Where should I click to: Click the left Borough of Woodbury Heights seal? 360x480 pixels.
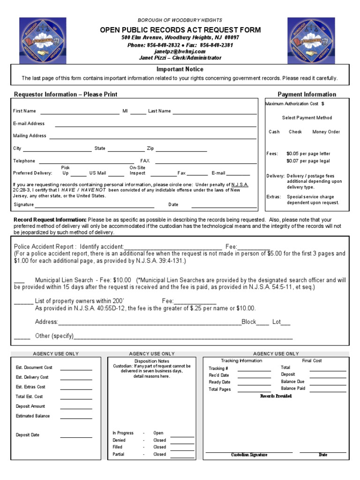coord(39,40)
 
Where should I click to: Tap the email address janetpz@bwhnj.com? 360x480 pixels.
coord(180,52)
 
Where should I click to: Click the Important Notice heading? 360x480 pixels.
coord(180,69)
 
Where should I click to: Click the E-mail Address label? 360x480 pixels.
coord(29,124)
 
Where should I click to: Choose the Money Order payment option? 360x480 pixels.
coord(326,132)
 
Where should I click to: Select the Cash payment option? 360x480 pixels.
coord(274,132)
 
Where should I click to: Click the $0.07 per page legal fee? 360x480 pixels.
coord(308,161)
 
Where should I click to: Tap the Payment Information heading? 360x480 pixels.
coord(307,94)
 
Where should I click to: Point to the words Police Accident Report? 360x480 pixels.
coord(44,247)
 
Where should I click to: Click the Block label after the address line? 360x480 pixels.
coord(248,322)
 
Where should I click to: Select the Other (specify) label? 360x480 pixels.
coord(54,336)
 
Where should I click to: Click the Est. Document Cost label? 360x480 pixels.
coord(34,367)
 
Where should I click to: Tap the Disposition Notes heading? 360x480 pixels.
coord(151,361)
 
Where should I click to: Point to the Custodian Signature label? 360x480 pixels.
coord(249,455)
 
